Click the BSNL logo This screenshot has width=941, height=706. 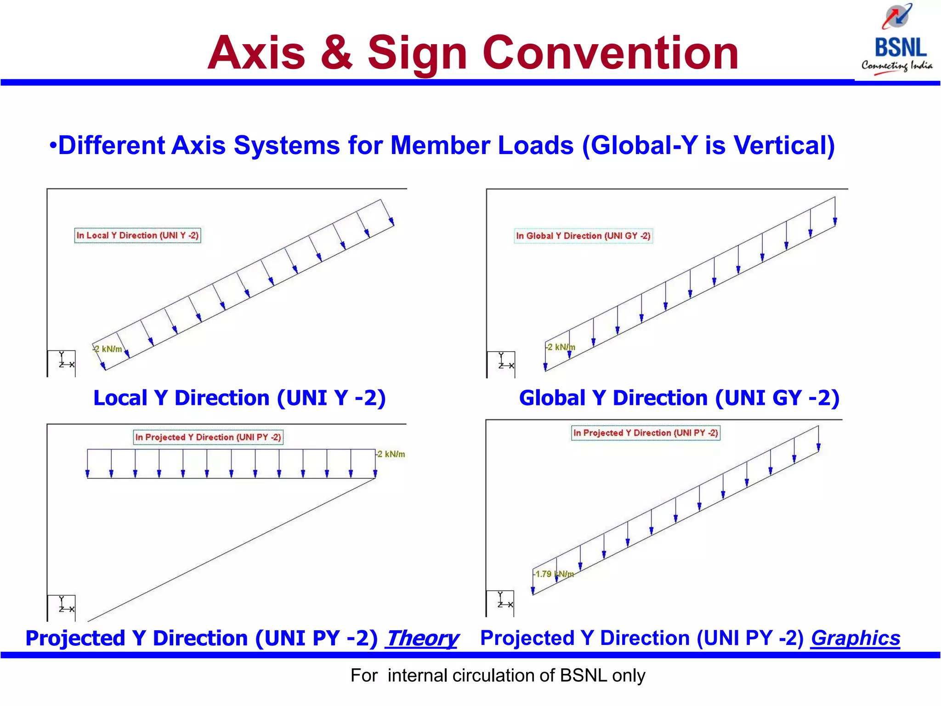897,39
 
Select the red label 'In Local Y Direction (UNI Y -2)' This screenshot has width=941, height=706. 137,235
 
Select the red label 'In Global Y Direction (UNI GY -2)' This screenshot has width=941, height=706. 583,236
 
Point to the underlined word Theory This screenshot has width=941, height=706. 422,638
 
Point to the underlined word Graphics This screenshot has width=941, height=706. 855,638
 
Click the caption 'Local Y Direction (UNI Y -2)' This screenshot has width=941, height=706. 239,398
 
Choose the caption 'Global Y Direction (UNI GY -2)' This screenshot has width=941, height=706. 679,398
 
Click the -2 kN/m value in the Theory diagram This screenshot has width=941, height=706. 391,454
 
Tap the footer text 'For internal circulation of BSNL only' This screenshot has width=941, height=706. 498,675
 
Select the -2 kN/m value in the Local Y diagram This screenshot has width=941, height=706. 108,349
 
